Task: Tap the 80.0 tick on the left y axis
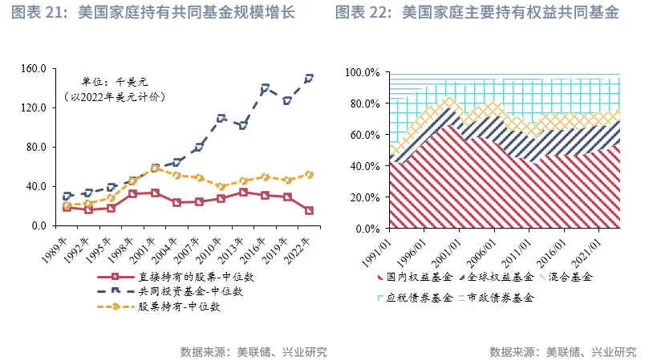35,147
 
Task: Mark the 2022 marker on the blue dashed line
309,79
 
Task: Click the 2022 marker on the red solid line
309,211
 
